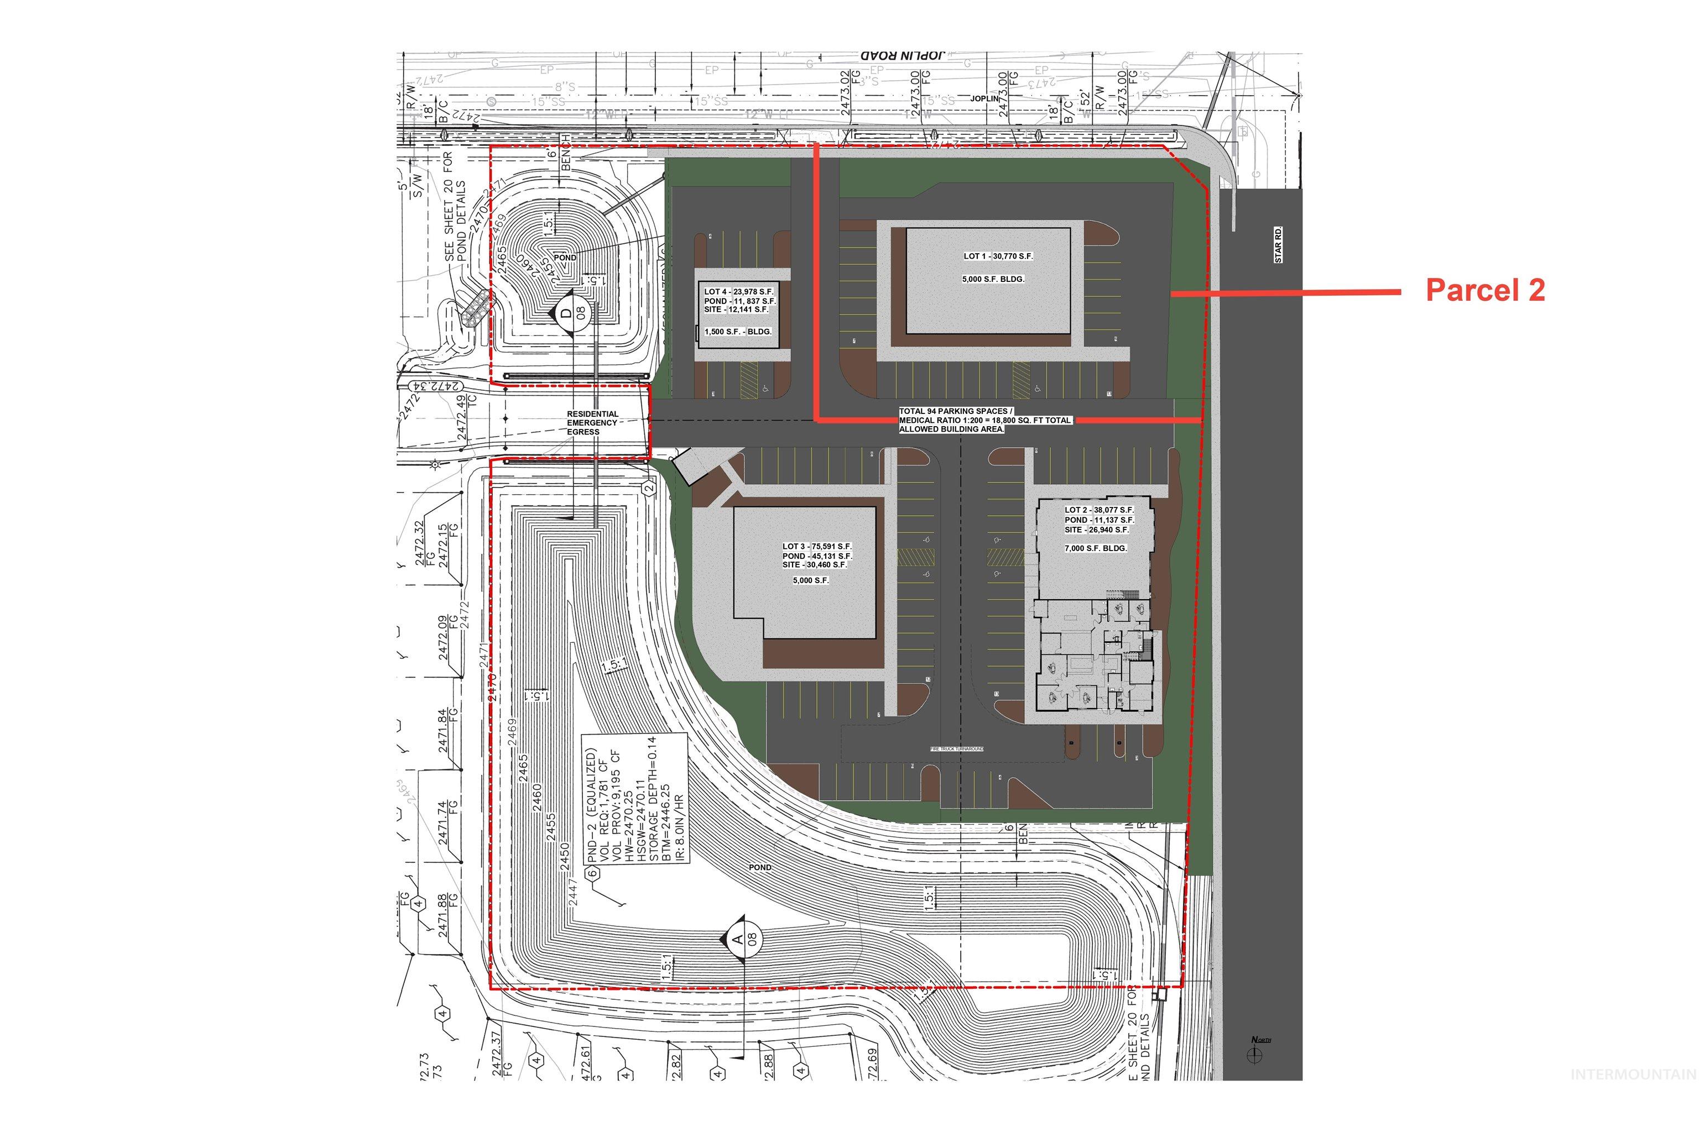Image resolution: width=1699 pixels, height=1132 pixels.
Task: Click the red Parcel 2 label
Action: [x=1484, y=290]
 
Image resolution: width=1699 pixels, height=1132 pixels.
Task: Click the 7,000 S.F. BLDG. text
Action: [x=1095, y=548]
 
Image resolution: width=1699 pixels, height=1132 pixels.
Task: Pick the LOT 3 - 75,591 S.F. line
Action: [x=817, y=547]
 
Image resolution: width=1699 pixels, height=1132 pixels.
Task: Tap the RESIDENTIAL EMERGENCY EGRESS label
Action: [x=592, y=423]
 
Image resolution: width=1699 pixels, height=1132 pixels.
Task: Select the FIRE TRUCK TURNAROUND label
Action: [x=956, y=750]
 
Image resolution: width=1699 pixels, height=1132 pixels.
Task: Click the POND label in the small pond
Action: [x=565, y=258]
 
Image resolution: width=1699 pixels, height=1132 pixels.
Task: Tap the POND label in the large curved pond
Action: [x=760, y=867]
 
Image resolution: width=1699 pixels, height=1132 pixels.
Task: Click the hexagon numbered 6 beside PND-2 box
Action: [x=592, y=873]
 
